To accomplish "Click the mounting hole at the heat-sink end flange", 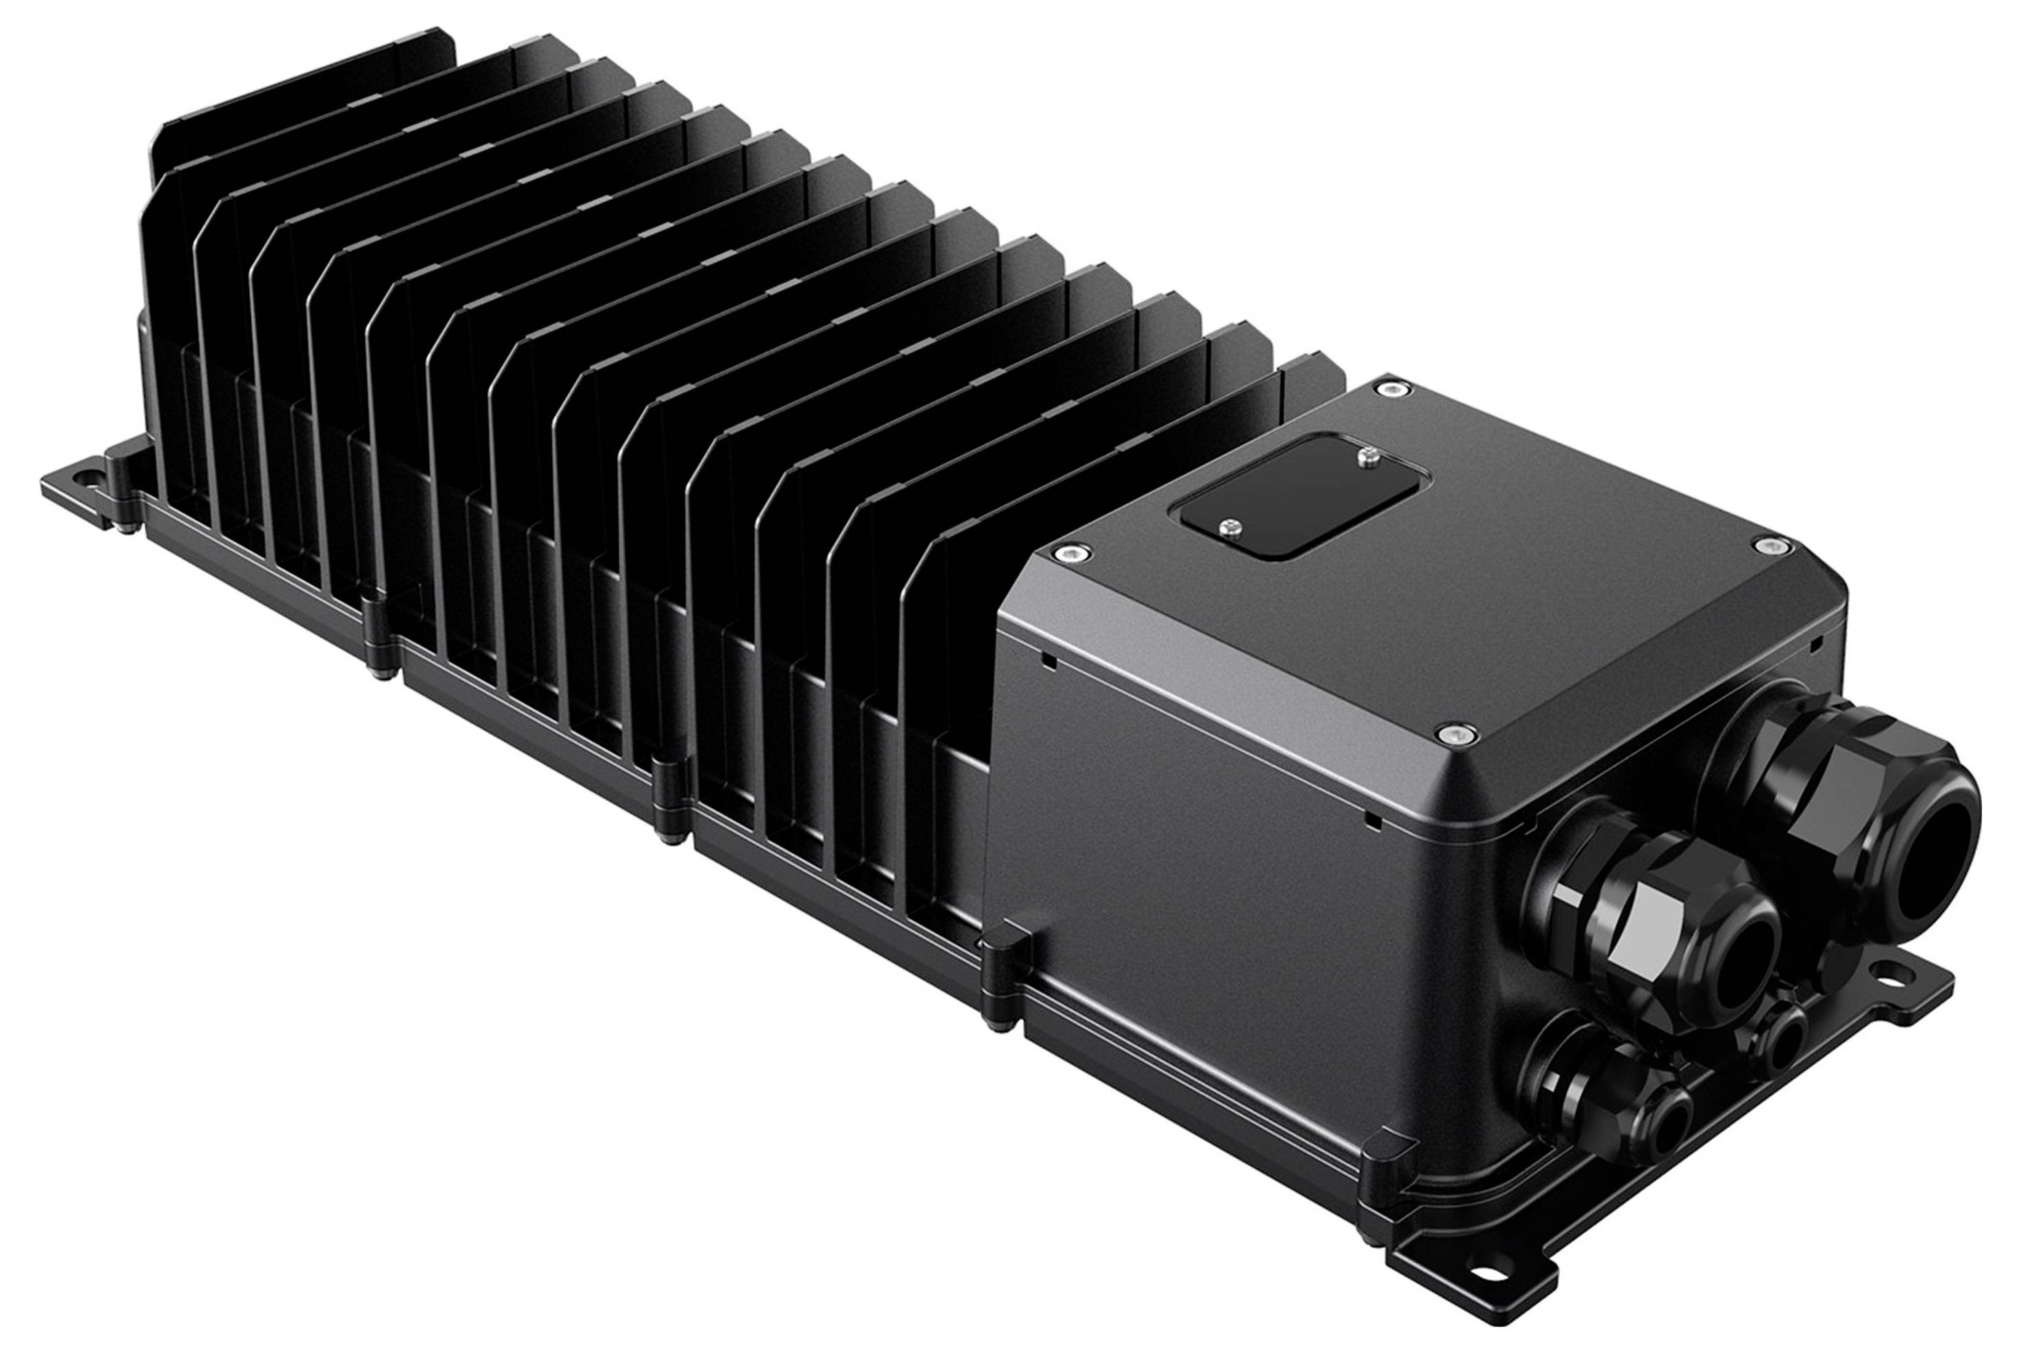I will click(x=85, y=476).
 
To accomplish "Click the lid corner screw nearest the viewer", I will click(x=1456, y=734).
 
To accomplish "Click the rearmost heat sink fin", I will click(x=302, y=103).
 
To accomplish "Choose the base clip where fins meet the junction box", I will click(x=1001, y=975).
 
